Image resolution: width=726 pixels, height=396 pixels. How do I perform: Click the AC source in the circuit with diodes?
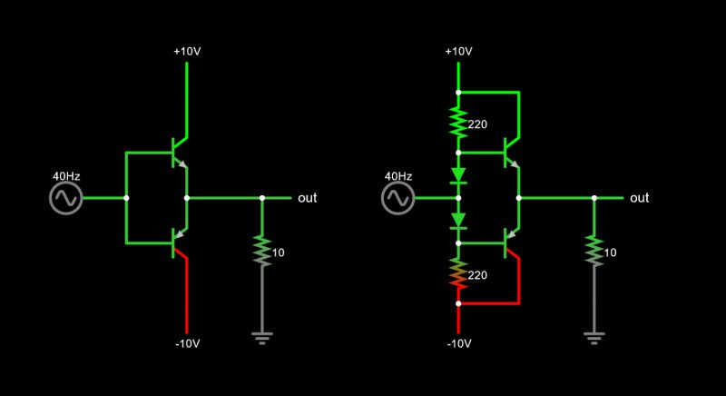point(397,198)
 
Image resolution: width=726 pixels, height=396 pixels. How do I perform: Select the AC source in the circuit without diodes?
point(65,198)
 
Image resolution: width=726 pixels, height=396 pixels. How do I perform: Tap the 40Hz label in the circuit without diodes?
point(65,175)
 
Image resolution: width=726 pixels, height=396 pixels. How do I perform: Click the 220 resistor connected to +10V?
point(458,122)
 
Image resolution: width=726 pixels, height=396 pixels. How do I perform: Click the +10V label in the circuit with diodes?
point(458,51)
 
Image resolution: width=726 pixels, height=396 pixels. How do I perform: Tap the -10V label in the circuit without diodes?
point(187,343)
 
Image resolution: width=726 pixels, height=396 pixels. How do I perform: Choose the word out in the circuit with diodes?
point(639,198)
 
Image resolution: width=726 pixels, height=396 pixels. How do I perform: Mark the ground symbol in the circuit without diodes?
point(262,339)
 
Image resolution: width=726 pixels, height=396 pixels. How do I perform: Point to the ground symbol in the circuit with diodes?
point(594,339)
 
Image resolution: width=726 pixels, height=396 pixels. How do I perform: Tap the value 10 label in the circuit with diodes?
point(610,252)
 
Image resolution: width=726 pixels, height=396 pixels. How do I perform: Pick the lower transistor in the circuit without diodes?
point(178,243)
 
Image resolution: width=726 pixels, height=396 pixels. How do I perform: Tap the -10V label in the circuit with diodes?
point(458,343)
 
